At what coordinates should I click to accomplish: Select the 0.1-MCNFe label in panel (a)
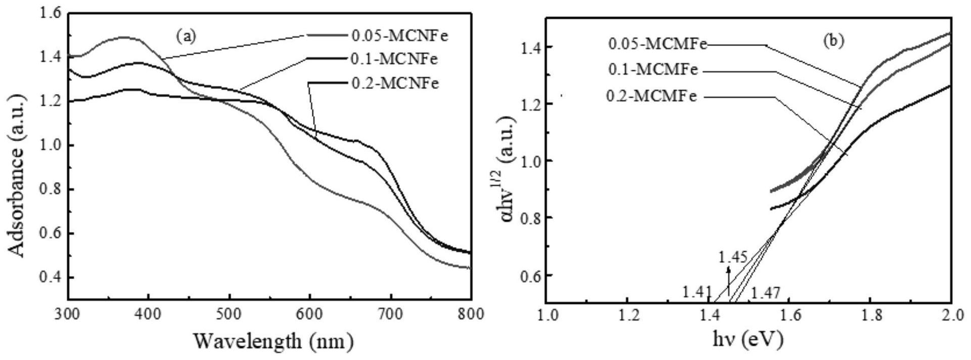coord(394,59)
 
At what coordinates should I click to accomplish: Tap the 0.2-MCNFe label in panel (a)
coord(395,83)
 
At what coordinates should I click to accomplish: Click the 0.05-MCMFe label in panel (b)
coord(657,44)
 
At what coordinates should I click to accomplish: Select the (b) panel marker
coord(833,41)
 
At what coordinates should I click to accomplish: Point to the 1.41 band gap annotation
coord(696,292)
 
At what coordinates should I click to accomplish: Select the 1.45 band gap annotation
coord(732,257)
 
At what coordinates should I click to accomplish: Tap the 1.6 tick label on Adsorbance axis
coord(50,14)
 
